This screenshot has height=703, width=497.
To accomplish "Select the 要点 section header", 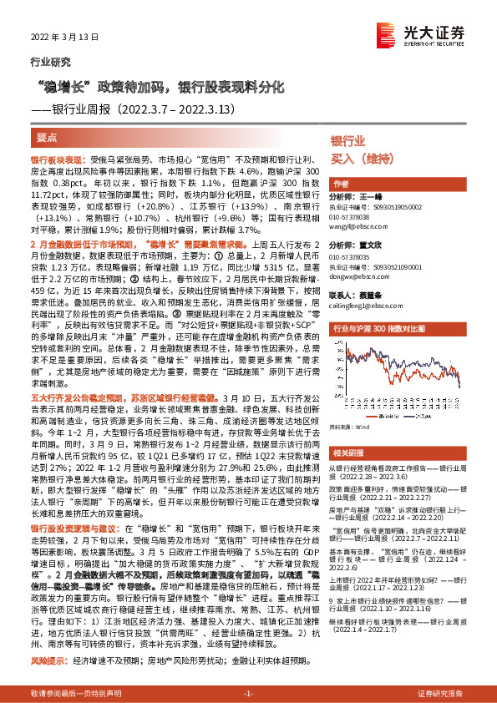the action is pyautogui.click(x=48, y=135).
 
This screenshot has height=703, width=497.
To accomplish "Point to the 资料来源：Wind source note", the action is pyautogui.click(x=350, y=426).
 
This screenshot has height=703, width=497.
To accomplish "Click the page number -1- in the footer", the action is pyautogui.click(x=247, y=694).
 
